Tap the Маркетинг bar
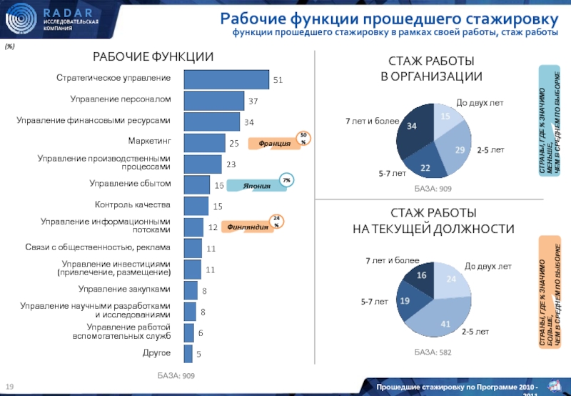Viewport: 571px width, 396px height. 204,143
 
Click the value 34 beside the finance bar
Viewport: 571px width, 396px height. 249,122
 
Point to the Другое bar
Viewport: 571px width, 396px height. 188,354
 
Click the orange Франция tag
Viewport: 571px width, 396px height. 274,144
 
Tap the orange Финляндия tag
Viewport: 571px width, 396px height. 243,227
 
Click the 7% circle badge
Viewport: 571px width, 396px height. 286,179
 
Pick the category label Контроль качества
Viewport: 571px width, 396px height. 132,205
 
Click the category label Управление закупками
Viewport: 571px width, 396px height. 124,289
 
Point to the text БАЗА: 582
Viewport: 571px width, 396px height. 433,352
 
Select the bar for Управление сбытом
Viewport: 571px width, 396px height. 196,184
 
